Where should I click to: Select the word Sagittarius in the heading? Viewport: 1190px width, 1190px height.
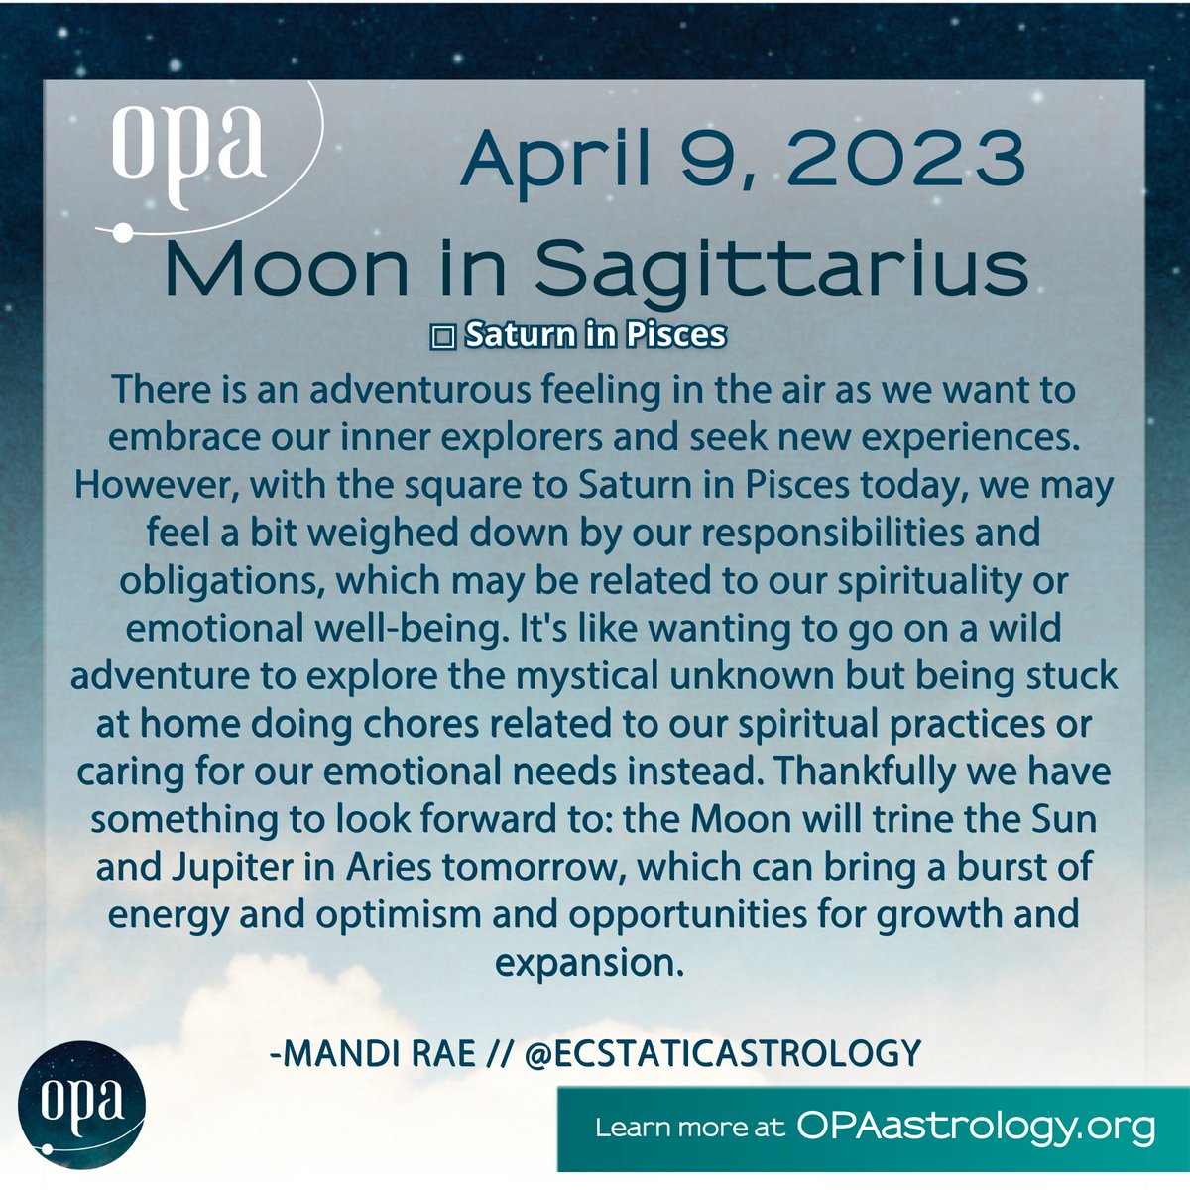[x=779, y=268]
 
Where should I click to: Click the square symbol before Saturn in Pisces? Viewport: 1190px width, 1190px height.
[x=442, y=337]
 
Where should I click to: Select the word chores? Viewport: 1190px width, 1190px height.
[x=462, y=723]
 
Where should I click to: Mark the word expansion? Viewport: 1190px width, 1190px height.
[x=589, y=961]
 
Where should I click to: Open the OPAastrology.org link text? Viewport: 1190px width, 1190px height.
[x=976, y=1127]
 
